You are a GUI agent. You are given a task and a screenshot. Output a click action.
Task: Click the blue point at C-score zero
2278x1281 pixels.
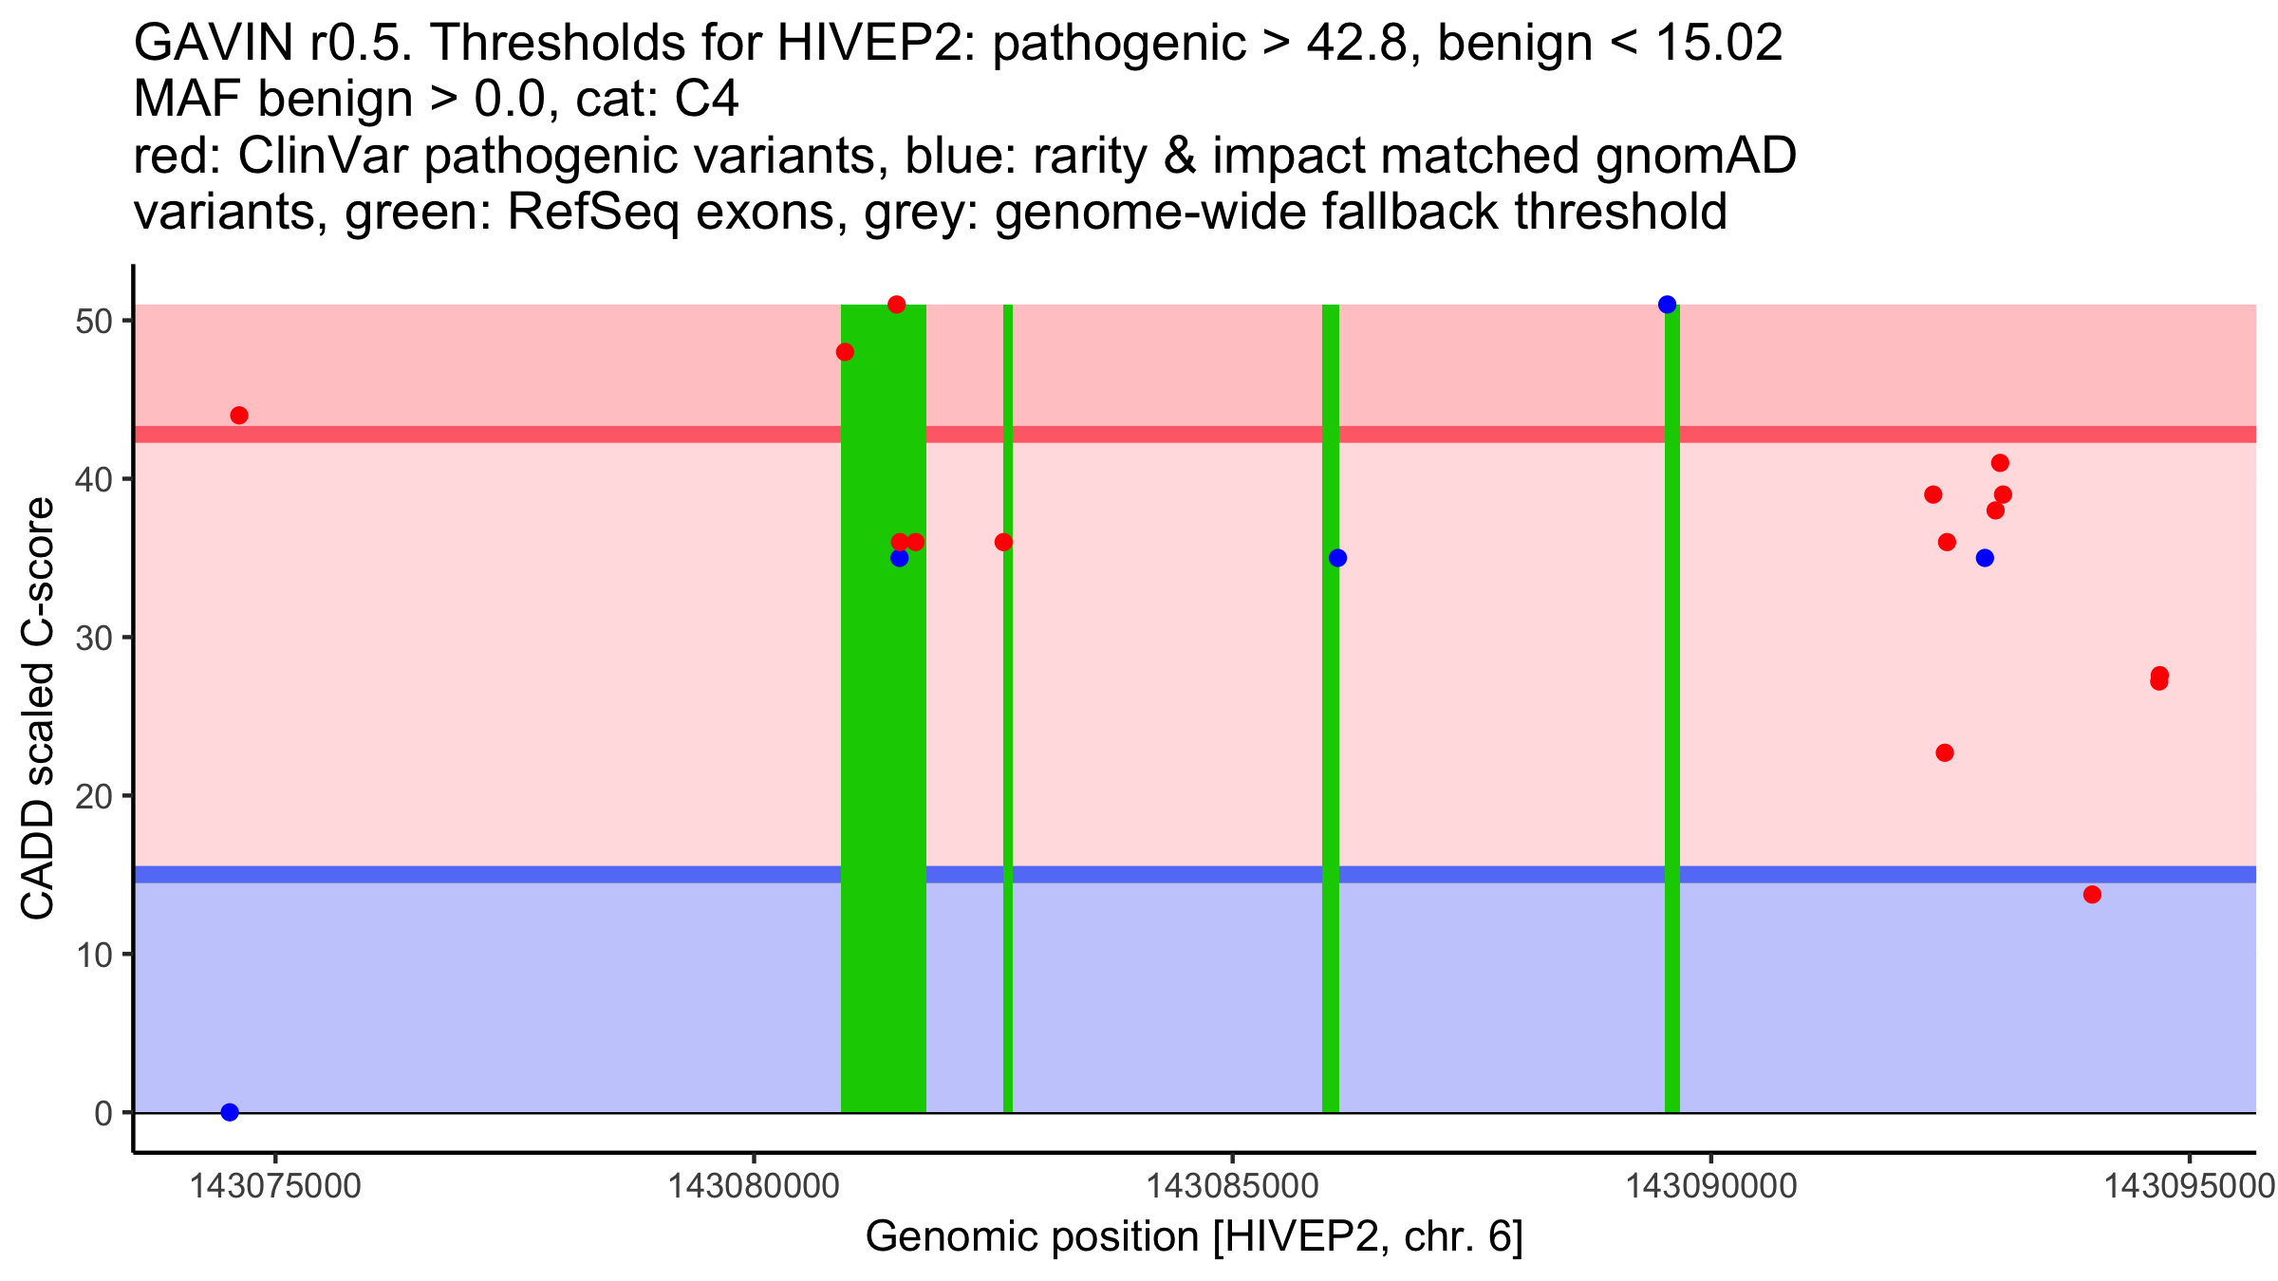click(230, 1112)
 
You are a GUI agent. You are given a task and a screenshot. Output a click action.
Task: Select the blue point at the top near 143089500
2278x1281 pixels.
click(1667, 305)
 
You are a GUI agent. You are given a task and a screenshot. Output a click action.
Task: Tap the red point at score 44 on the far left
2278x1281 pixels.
click(239, 416)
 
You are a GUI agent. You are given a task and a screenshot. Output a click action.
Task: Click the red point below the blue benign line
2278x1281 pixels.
click(2092, 895)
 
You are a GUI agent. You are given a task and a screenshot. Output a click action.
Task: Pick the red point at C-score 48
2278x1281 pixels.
click(845, 352)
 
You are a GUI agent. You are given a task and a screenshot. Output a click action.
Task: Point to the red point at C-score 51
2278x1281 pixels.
click(896, 305)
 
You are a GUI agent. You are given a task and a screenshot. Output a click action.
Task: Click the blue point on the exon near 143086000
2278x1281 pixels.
click(1337, 558)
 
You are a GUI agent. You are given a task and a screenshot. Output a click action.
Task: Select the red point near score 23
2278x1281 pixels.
click(1945, 752)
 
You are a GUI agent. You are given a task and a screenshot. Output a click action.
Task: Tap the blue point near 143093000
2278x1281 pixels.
click(1985, 558)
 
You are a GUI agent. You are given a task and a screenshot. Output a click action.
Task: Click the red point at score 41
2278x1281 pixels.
click(2000, 463)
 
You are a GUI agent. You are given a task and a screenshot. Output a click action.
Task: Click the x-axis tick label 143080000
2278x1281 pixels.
click(754, 1187)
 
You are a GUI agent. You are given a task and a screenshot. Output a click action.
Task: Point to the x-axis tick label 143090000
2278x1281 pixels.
click(1711, 1187)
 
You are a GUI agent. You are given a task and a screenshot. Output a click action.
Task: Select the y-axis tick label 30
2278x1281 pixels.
click(93, 638)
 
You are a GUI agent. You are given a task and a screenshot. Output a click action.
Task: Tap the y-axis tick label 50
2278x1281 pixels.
click(93, 321)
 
